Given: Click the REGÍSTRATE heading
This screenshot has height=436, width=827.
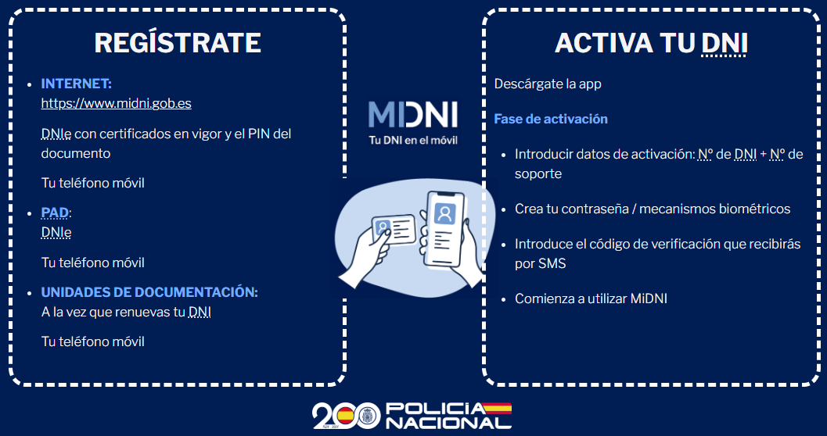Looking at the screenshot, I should (x=178, y=43).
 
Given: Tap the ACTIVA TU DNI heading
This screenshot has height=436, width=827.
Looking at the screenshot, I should (x=651, y=43).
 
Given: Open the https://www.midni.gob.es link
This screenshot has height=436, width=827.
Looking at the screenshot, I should (x=116, y=103).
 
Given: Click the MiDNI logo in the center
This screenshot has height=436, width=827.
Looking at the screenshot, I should (x=412, y=115).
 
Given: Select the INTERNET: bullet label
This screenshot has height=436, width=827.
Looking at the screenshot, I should (x=76, y=84).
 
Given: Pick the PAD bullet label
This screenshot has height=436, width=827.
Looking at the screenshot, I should (x=55, y=213).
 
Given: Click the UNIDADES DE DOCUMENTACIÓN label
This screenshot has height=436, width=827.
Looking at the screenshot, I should (x=149, y=292).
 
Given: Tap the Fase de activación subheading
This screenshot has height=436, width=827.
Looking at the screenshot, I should (x=551, y=119).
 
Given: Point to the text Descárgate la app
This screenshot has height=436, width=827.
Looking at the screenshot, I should (x=548, y=84).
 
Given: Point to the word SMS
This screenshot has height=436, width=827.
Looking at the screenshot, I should (x=552, y=264).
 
